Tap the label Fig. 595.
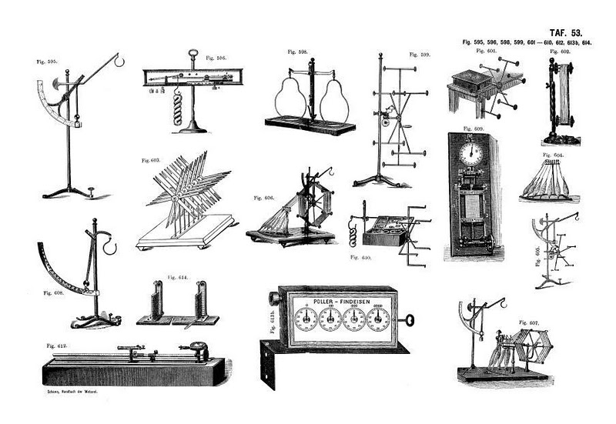point(46,61)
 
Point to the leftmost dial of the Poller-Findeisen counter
point(306,319)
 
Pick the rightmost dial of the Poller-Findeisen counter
point(377,319)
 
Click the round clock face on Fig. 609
point(470,153)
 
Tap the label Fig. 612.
point(55,347)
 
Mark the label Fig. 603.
point(150,161)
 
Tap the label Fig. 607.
point(529,322)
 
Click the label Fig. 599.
point(420,55)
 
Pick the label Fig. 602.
point(560,52)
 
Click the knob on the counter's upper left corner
point(273,298)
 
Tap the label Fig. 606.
point(263,198)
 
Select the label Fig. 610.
point(361,256)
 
